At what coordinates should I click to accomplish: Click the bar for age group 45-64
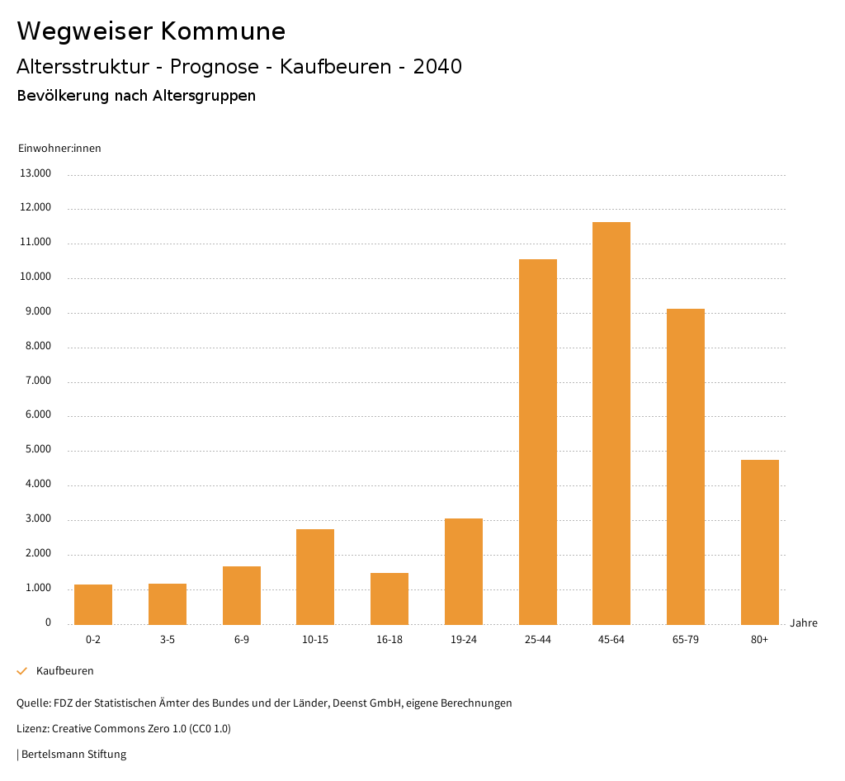coord(611,423)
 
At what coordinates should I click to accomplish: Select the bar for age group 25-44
coord(537,442)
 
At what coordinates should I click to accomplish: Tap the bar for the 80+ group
coord(759,542)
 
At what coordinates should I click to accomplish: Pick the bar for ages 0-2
coord(93,604)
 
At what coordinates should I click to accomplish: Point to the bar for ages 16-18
coord(389,599)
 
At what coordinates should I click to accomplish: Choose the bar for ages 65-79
coord(686,466)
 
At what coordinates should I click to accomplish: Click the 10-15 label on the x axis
coord(315,640)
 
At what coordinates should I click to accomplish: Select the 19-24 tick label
coord(464,640)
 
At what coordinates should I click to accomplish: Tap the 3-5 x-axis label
coord(168,640)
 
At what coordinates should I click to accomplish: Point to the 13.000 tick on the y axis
coord(36,173)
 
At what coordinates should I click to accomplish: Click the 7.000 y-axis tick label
coord(36,381)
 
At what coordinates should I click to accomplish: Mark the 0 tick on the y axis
coord(48,622)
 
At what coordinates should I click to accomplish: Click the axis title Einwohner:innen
coord(59,148)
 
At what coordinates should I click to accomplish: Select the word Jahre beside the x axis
coord(804,622)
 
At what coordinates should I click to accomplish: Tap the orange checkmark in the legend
coord(22,671)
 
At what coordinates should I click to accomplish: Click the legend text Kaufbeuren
coord(65,671)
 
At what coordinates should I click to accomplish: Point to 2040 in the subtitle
coord(437,67)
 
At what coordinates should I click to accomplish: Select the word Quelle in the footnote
coord(32,703)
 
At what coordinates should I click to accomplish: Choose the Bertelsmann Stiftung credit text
coord(73,755)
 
